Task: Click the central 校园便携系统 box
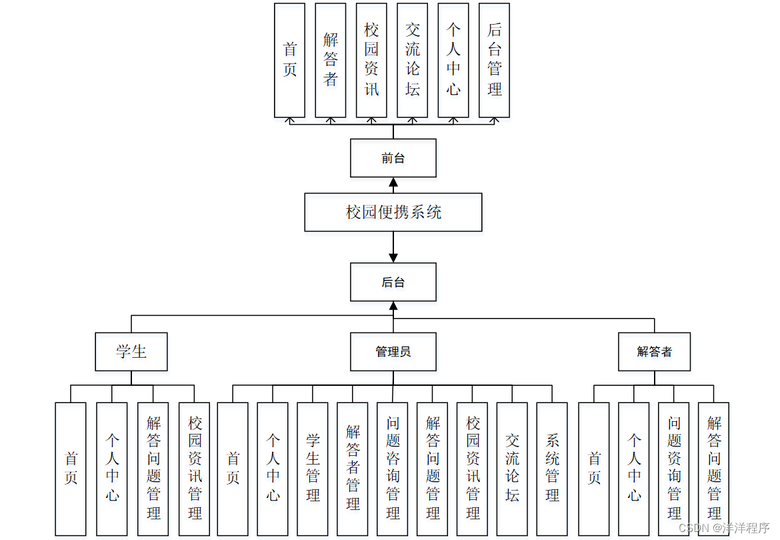pos(393,212)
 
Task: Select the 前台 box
pos(393,158)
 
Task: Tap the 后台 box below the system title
pos(393,282)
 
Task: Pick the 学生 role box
pos(131,352)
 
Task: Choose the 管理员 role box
pos(393,352)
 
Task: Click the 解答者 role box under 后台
pos(654,352)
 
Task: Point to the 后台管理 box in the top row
pos(494,60)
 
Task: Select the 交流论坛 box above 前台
pos(413,60)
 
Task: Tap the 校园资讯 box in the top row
pos(371,60)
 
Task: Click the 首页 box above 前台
pos(290,60)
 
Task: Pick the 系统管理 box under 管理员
pos(552,469)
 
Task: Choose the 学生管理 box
pos(313,469)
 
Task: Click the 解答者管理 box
pos(353,469)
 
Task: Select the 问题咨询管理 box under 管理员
pos(393,469)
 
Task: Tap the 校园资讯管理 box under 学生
pos(194,469)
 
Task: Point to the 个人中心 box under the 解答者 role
pos(633,469)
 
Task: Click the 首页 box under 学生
pos(71,469)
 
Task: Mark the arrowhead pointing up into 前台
pos(393,182)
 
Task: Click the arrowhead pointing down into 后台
pos(393,258)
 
